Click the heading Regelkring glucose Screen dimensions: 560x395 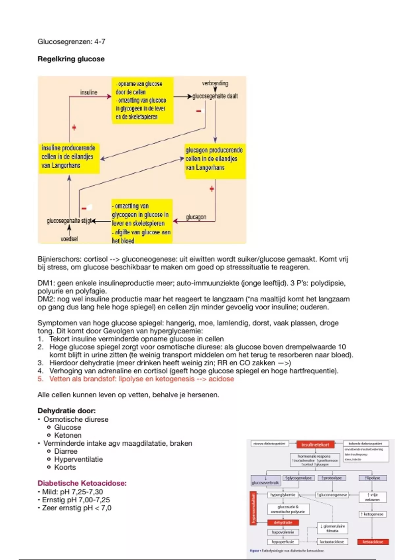tap(71, 59)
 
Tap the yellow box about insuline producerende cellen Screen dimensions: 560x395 tap(68, 157)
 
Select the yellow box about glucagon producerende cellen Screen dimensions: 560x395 tap(214, 159)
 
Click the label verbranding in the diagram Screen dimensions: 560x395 tap(215, 83)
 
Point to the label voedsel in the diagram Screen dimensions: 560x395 tap(69, 238)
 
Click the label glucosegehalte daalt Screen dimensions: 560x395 tap(215, 96)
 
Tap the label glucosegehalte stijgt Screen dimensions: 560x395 tap(69, 220)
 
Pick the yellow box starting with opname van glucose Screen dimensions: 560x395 tap(142, 100)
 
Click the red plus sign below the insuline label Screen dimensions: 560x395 tap(74, 127)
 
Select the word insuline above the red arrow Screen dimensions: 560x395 tap(89, 93)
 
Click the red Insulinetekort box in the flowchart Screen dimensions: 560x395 tap(315, 445)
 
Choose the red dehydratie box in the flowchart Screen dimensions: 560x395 tap(283, 522)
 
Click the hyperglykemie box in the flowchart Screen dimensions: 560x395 tap(283, 495)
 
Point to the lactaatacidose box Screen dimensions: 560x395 tap(332, 542)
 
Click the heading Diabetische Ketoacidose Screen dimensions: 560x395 tap(82, 483)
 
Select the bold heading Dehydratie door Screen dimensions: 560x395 tap(66, 411)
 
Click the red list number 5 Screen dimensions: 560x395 tap(40, 379)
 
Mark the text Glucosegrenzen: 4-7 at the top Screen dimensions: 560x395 tap(71, 42)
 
